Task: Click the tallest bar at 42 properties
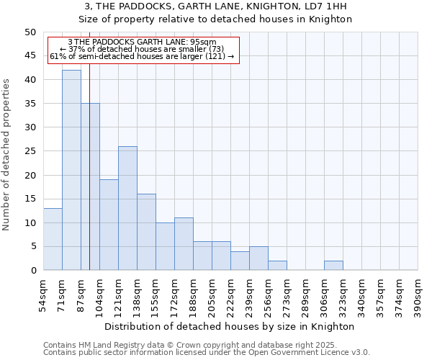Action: pos(71,170)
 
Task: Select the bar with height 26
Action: pos(127,208)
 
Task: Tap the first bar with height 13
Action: pos(53,239)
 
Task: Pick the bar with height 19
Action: pos(109,225)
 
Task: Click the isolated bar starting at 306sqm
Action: pos(333,265)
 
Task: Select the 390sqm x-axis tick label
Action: pos(420,295)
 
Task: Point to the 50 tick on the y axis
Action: pos(30,32)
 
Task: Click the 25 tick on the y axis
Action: pos(30,151)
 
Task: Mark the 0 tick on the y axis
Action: pos(32,270)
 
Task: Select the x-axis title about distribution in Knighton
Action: pos(230,326)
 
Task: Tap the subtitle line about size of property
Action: pos(215,19)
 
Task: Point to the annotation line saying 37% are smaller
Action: pos(142,49)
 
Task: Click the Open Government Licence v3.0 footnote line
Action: pos(207,353)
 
